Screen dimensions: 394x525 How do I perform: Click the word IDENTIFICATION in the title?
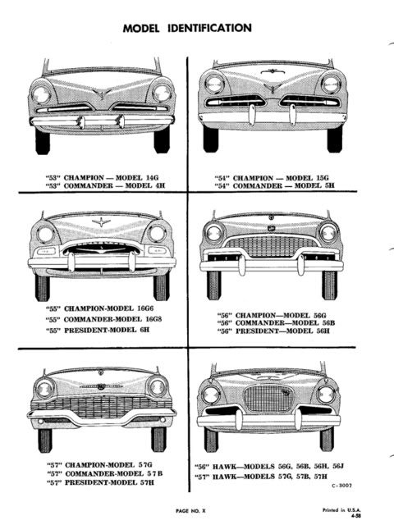(209, 28)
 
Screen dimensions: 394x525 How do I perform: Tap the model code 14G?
(152, 177)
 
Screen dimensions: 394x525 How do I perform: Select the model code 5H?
(329, 185)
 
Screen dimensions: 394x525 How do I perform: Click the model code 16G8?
(153, 319)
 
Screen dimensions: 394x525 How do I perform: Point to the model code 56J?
(339, 466)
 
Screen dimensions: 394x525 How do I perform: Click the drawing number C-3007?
(341, 485)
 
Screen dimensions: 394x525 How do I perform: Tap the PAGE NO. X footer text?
(191, 510)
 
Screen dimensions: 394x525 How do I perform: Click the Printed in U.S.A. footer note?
(341, 510)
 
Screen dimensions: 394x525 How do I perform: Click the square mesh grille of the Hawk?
(268, 398)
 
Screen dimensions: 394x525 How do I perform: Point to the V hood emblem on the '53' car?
(103, 94)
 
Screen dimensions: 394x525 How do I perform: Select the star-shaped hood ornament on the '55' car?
(101, 221)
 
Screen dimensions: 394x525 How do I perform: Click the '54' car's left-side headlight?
(214, 84)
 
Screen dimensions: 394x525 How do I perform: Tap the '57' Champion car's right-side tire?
(158, 440)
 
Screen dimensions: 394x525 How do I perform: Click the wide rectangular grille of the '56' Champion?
(271, 246)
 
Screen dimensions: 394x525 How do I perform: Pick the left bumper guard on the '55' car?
(71, 262)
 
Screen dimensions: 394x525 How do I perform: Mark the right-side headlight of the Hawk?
(326, 394)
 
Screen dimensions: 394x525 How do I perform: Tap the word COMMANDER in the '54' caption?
(258, 185)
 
